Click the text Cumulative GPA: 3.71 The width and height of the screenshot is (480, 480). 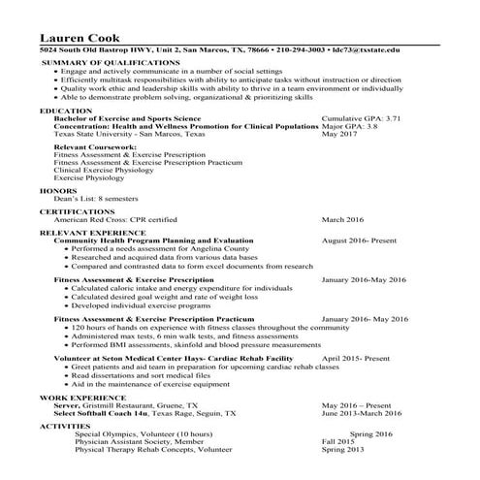(361, 118)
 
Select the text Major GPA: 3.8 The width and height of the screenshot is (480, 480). (349, 126)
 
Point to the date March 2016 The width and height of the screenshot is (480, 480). (342, 219)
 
